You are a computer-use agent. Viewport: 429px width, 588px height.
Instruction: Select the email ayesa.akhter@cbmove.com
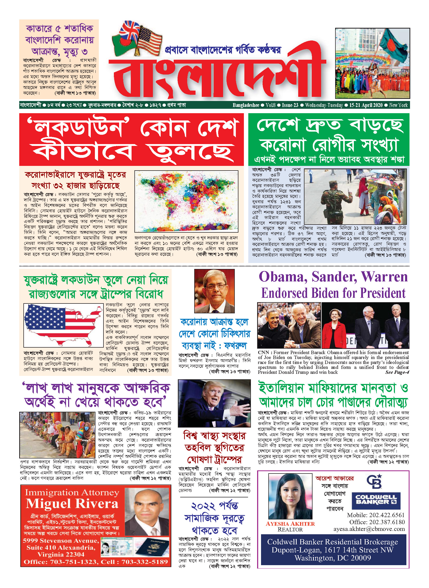pos(369,529)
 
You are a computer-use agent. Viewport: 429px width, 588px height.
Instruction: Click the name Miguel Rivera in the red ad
pos(72,504)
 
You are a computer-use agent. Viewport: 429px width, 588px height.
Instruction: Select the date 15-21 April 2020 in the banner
pos(366,105)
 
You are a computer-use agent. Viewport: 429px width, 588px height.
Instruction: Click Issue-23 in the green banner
pos(290,105)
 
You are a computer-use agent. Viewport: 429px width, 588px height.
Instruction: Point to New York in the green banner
pos(398,105)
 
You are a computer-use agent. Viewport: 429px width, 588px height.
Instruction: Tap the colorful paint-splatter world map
pos(186,201)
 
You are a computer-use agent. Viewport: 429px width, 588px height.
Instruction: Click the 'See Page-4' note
pos(397,372)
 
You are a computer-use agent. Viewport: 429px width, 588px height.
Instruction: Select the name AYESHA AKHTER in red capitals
pos(290,524)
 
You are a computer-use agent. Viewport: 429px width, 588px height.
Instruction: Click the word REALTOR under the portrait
pos(290,530)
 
